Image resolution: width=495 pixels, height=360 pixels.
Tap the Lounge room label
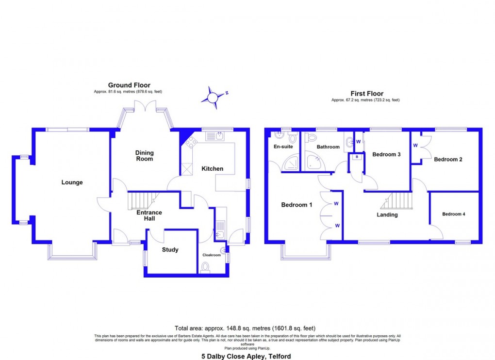click(72, 182)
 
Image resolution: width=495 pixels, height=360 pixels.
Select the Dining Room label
click(144, 156)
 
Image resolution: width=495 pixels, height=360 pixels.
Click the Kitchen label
click(213, 169)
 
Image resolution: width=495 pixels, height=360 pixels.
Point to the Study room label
click(170, 250)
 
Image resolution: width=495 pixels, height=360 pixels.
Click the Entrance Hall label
click(149, 215)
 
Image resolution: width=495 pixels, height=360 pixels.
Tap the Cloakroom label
click(212, 255)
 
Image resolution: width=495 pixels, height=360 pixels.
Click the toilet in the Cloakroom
click(205, 267)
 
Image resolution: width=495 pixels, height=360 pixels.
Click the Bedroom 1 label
click(297, 205)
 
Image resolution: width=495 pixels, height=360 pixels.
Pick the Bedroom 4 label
click(453, 214)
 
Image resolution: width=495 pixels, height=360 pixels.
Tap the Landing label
click(387, 214)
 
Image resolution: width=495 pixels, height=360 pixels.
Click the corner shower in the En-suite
click(291, 164)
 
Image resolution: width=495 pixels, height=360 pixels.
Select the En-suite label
click(283, 146)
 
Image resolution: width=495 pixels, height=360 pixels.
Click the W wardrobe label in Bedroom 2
click(415, 145)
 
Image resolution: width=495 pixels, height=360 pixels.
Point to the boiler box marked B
click(357, 157)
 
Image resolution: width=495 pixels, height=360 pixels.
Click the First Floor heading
click(367, 94)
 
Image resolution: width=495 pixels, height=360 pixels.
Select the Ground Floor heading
click(129, 85)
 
